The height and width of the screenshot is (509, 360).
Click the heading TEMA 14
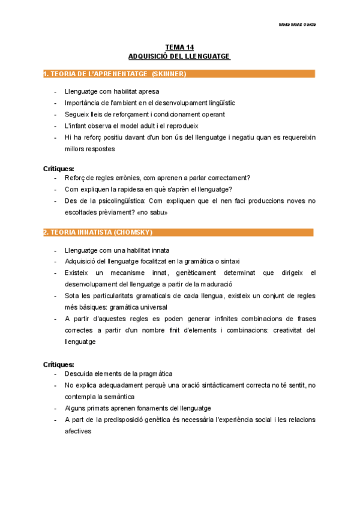click(179, 47)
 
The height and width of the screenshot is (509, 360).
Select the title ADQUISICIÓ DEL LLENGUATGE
click(179, 56)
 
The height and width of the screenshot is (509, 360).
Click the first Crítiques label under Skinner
click(59, 169)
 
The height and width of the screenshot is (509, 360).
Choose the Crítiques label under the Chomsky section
click(59, 364)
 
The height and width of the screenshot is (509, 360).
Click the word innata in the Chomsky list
click(157, 250)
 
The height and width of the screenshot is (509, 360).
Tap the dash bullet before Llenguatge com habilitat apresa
click(55, 91)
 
